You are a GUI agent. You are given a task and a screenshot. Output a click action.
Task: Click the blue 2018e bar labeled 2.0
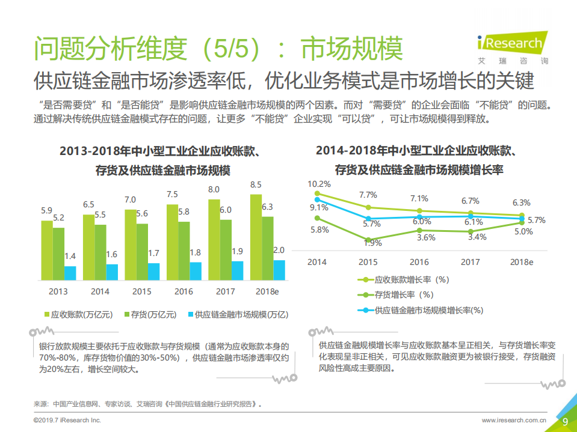(x=279, y=270)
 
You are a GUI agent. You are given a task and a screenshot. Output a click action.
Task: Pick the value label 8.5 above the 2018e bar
(x=256, y=184)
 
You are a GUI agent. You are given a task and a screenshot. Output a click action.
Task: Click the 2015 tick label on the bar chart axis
(x=142, y=291)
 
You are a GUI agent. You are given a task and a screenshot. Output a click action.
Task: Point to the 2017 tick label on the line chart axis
(x=470, y=262)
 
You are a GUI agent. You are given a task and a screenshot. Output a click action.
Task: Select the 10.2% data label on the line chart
(x=319, y=184)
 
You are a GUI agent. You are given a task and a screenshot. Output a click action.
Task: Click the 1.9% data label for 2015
(x=372, y=243)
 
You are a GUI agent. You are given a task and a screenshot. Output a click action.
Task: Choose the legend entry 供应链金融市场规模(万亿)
(x=237, y=314)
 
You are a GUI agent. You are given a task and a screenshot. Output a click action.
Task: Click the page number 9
(x=565, y=421)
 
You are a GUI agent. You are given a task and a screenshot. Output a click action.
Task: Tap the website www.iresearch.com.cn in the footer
(x=514, y=421)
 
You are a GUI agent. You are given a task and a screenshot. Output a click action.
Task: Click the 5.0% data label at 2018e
(x=523, y=231)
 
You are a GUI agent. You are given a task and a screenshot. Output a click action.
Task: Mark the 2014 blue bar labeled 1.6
(x=112, y=272)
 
